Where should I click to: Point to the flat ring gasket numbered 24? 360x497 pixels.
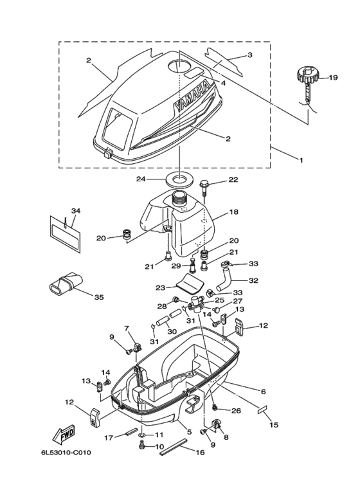click(x=179, y=179)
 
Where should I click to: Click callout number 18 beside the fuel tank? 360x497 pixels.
click(x=234, y=212)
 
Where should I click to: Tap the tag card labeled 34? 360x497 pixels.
click(x=66, y=234)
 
